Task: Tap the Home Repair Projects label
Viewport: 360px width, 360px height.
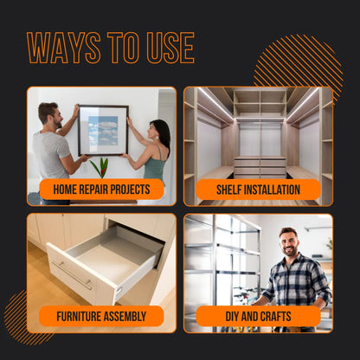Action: [x=101, y=190]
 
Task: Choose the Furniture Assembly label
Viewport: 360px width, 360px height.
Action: [x=101, y=316]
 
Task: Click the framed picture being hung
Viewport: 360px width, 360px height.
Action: [x=103, y=130]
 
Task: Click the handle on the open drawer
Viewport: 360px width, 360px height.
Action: [x=73, y=276]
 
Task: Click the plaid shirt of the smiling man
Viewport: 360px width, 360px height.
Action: [x=294, y=281]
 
